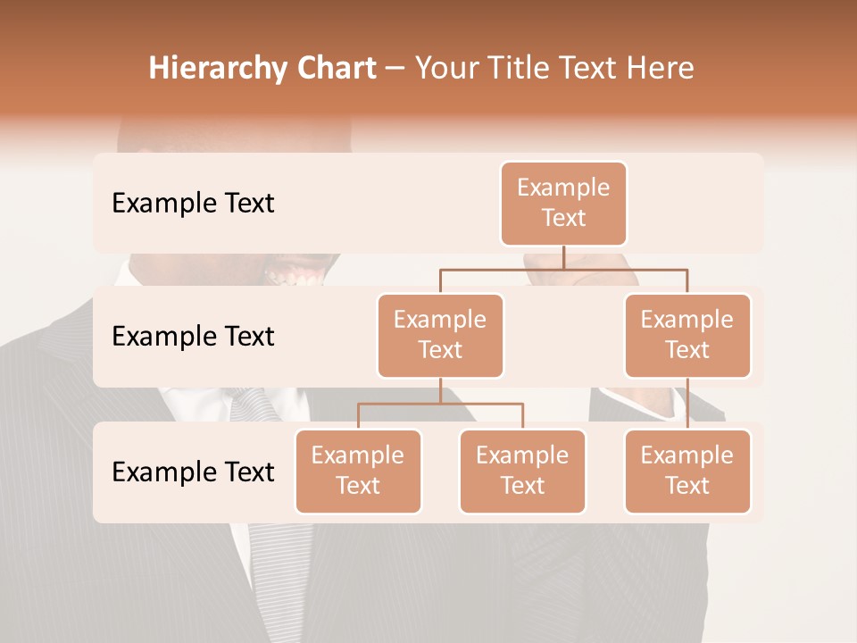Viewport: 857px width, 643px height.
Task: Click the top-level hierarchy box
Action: pos(563,203)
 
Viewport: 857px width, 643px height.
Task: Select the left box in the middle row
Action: pos(440,335)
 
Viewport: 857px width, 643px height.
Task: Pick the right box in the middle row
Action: pos(687,335)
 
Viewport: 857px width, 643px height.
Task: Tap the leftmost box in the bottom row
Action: pos(358,471)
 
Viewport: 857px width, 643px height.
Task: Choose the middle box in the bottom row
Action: pos(522,471)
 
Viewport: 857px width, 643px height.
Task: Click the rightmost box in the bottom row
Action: pos(687,471)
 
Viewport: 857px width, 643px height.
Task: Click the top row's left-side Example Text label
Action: pos(193,204)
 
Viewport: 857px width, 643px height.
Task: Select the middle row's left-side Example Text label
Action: pos(193,337)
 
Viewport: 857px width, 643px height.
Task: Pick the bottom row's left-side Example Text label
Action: pos(193,472)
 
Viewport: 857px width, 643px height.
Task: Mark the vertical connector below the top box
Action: pos(563,257)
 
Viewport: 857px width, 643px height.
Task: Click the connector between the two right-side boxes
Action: pos(687,404)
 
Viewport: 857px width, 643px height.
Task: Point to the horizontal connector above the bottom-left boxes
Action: pos(440,404)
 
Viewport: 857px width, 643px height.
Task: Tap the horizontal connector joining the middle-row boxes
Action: pos(563,269)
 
